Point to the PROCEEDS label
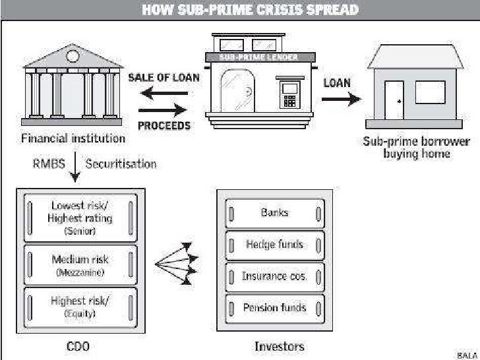pos(164,125)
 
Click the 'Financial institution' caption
pos(73,138)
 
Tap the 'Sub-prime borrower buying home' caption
pos(416,147)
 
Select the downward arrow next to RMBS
pos(75,169)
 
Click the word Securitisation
pos(121,163)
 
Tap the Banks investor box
pos(274,213)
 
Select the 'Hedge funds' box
pos(274,245)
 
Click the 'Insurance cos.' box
pos(274,276)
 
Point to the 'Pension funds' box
pos(274,307)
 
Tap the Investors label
pos(280,346)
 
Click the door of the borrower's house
pos(394,101)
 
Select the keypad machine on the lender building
pos(289,96)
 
